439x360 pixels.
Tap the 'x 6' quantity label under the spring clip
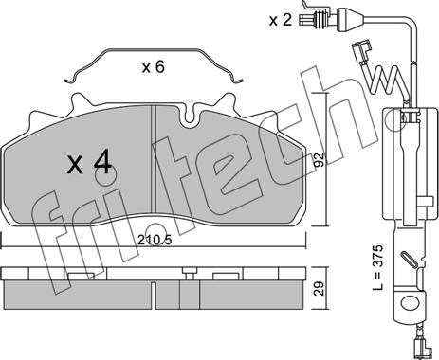point(154,67)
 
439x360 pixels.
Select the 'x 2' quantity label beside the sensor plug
point(281,20)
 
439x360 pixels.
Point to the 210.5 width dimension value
point(155,241)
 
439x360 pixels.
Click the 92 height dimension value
point(320,160)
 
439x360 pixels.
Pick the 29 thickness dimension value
point(320,289)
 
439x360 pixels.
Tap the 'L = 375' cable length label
point(378,267)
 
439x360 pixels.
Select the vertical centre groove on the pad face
point(154,159)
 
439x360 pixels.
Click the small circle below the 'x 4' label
point(106,175)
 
